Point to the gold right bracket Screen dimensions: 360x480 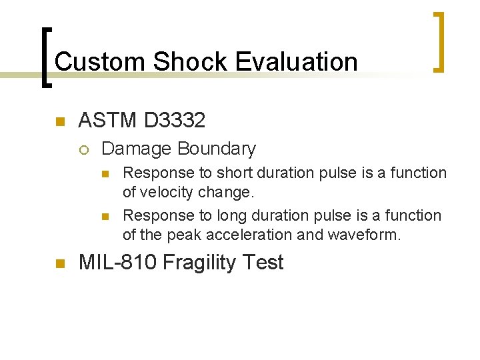(439, 41)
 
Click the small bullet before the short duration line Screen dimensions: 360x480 (105, 174)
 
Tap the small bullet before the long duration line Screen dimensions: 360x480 (105, 217)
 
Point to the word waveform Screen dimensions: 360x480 (368, 235)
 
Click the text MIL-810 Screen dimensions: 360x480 (117, 263)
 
